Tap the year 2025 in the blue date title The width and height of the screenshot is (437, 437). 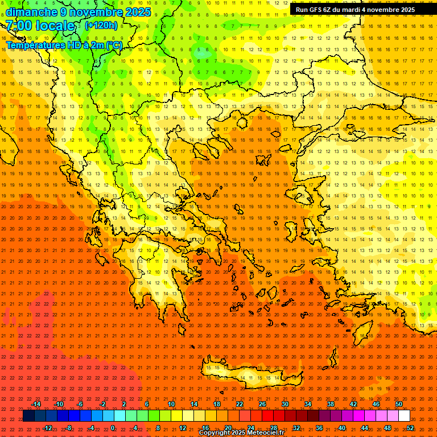pos(137,12)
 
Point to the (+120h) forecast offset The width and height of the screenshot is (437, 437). pos(101,25)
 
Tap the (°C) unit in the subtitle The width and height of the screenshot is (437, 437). pos(114,46)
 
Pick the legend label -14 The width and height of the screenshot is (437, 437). pos(36,404)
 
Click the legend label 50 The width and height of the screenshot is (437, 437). pos(399,404)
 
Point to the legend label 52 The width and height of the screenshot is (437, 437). pos(410,428)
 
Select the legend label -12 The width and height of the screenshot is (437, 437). pos(47,428)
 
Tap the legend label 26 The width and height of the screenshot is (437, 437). pos(262,404)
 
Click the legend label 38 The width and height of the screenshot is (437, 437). pos(331,404)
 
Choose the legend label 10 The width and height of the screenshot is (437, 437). pos(171,404)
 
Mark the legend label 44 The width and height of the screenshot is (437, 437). pos(365,428)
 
